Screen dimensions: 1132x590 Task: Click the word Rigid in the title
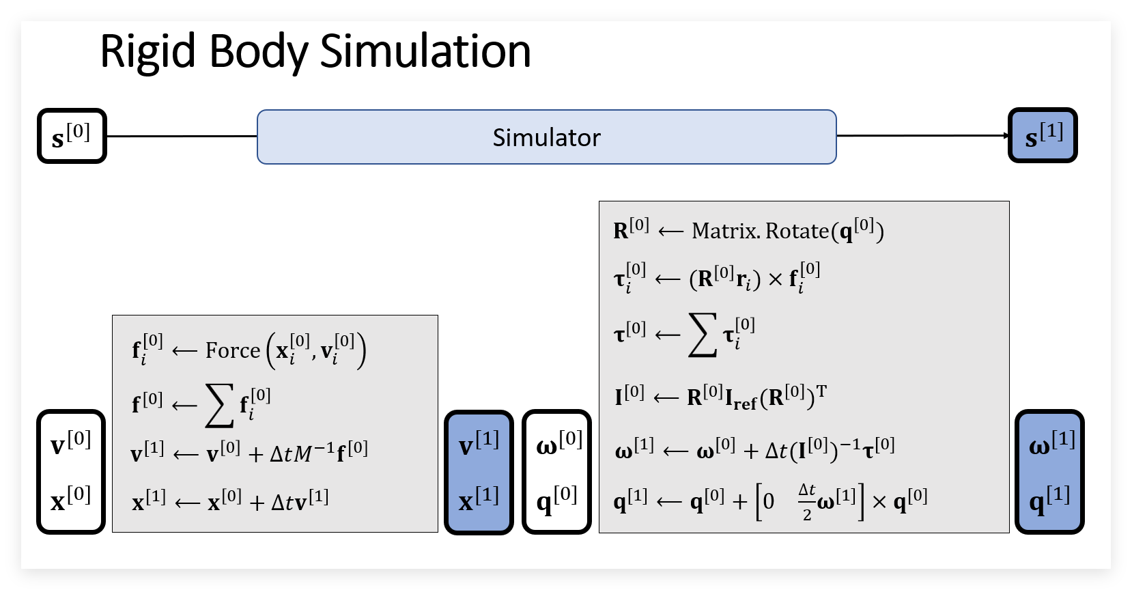tap(147, 53)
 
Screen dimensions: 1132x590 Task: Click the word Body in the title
tap(258, 53)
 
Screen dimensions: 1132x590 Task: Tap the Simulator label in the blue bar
tap(546, 137)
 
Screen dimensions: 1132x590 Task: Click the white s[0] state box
tap(72, 135)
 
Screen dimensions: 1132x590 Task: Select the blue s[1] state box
tap(1043, 135)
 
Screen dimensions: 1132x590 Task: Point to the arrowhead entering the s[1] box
tap(1006, 135)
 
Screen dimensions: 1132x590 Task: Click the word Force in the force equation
tap(232, 350)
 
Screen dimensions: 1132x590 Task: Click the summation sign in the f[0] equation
tap(219, 406)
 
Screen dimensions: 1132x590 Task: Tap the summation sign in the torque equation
tap(703, 335)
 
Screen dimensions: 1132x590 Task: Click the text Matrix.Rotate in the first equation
tap(761, 231)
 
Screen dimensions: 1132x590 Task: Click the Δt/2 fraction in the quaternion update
tap(806, 502)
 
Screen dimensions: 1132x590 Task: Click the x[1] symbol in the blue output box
tap(479, 499)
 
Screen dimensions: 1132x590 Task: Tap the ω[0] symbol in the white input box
tap(559, 442)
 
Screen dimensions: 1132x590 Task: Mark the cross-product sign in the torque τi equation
tap(775, 279)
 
